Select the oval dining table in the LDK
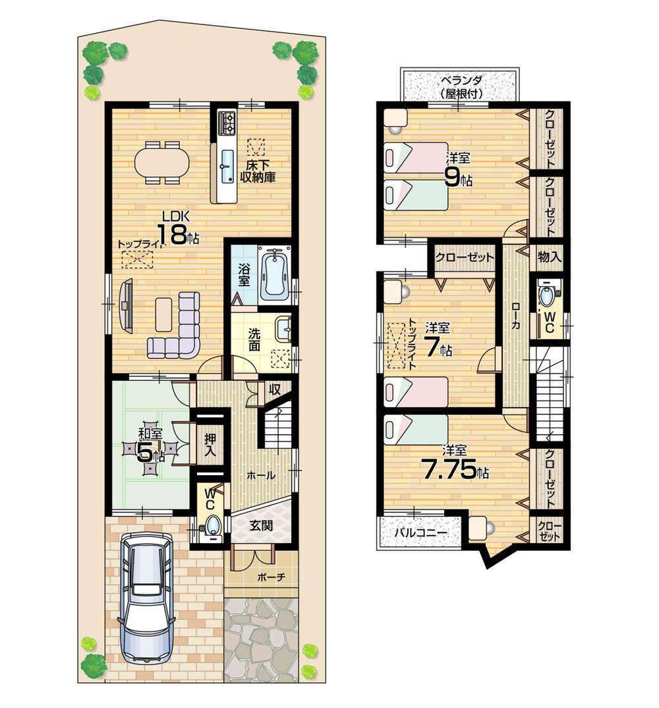coord(161,162)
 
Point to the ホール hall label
coord(261,475)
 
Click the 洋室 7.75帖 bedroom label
coord(455,465)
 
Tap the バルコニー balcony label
coord(421,532)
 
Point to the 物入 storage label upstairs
coord(549,257)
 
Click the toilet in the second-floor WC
coord(547,296)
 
